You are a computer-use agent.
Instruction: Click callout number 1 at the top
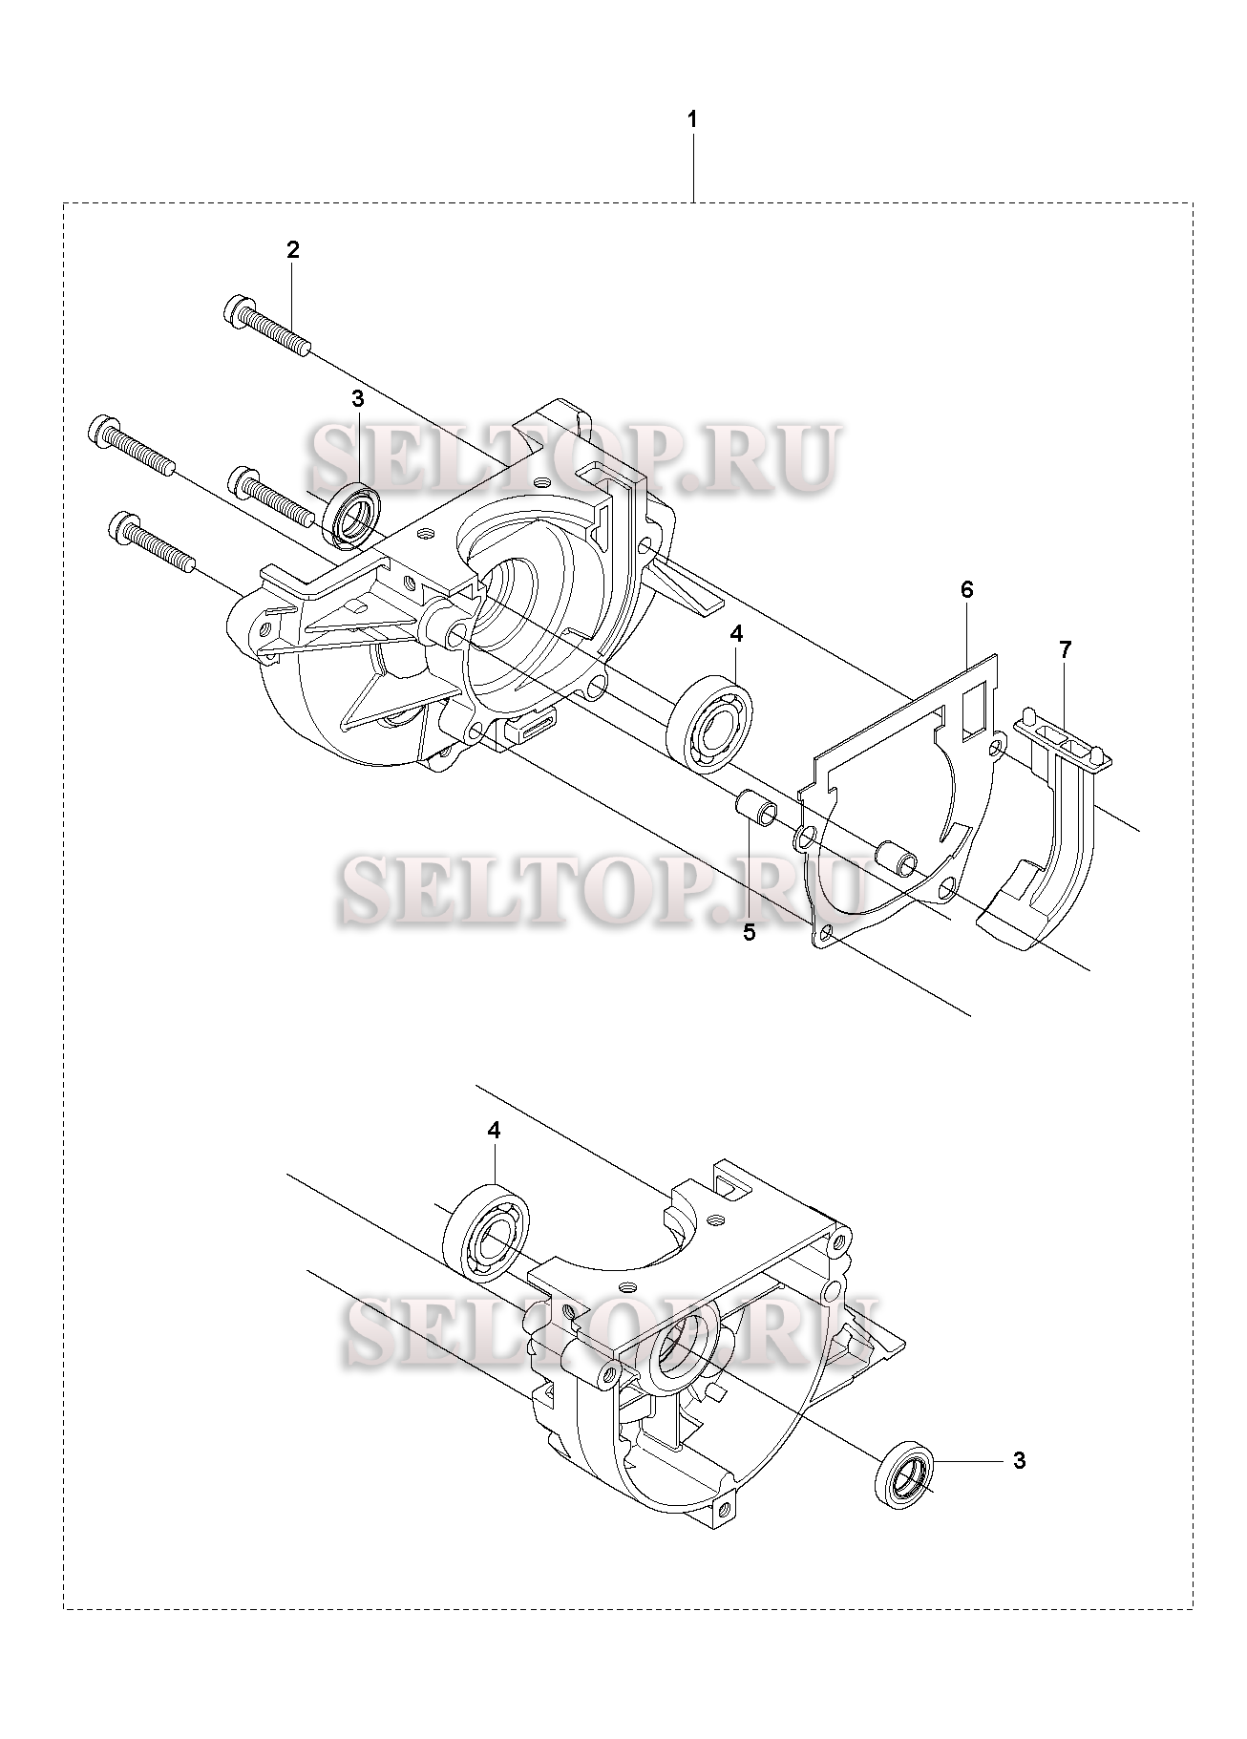tap(692, 120)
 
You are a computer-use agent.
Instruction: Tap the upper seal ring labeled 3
tap(353, 516)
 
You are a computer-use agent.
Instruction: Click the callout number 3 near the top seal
tap(357, 399)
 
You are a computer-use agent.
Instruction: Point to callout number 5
tap(749, 932)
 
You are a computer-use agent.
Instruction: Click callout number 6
tap(966, 589)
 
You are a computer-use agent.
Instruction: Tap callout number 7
tap(1065, 649)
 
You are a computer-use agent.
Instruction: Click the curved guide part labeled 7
tap(1050, 840)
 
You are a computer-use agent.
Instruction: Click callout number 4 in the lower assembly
tap(494, 1130)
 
